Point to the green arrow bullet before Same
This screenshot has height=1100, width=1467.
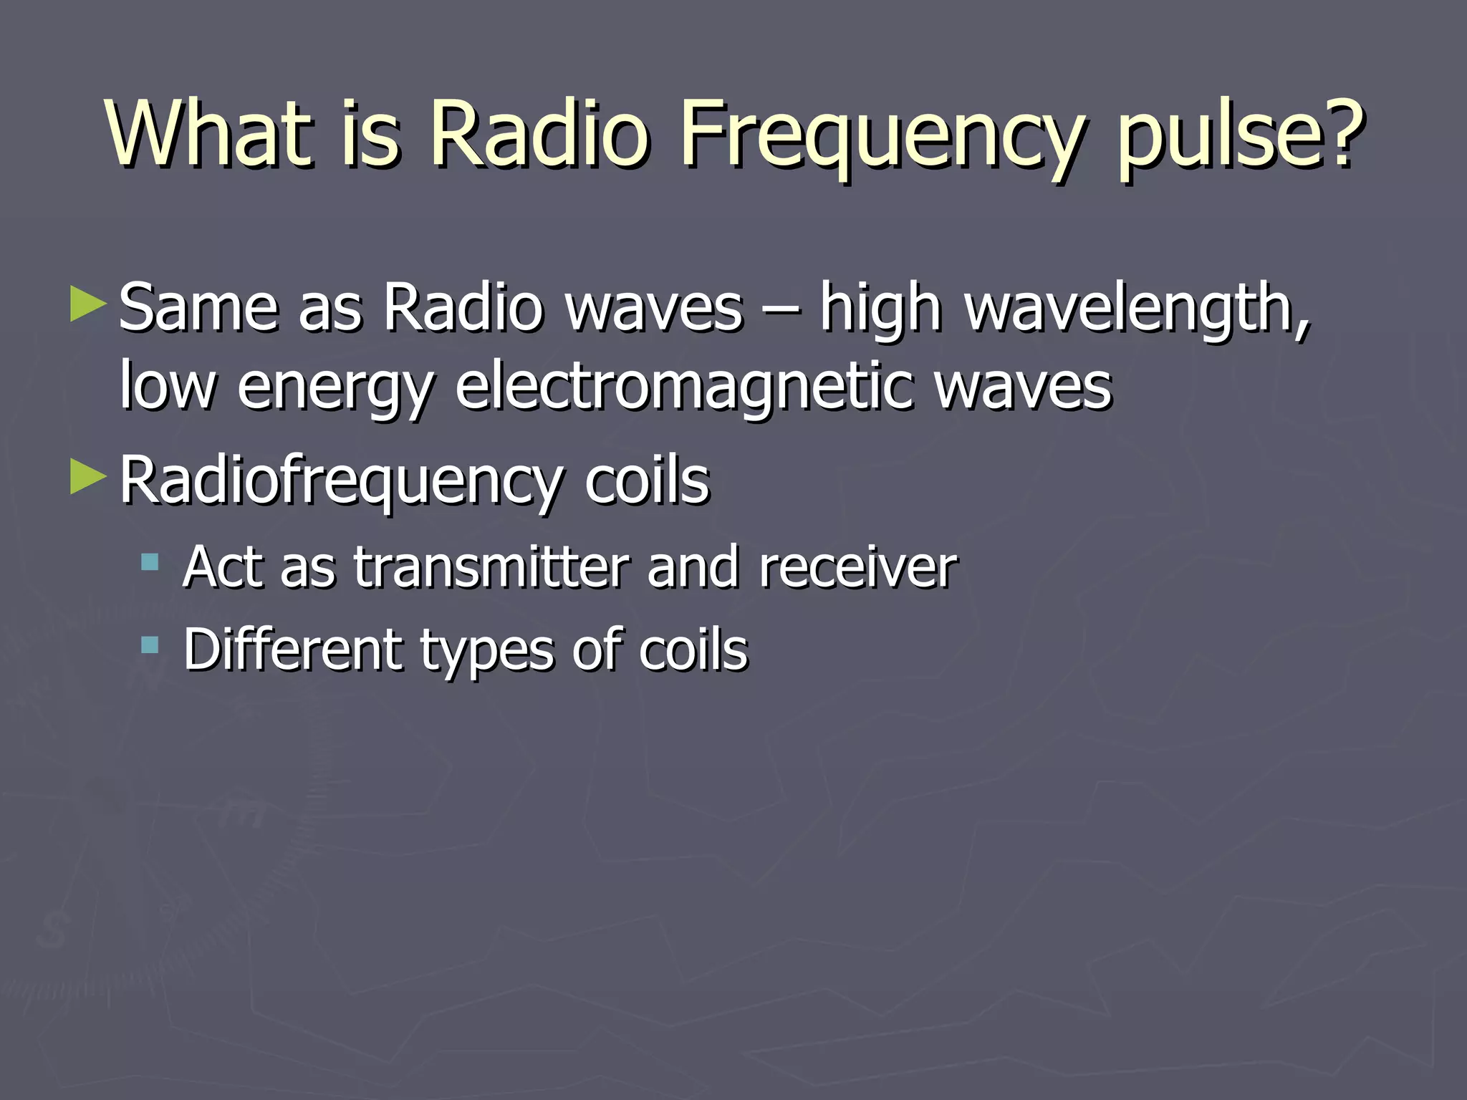tap(87, 304)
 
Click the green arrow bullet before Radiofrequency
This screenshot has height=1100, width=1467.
tap(87, 477)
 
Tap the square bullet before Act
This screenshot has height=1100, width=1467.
tap(150, 562)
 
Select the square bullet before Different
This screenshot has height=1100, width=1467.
tap(150, 645)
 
